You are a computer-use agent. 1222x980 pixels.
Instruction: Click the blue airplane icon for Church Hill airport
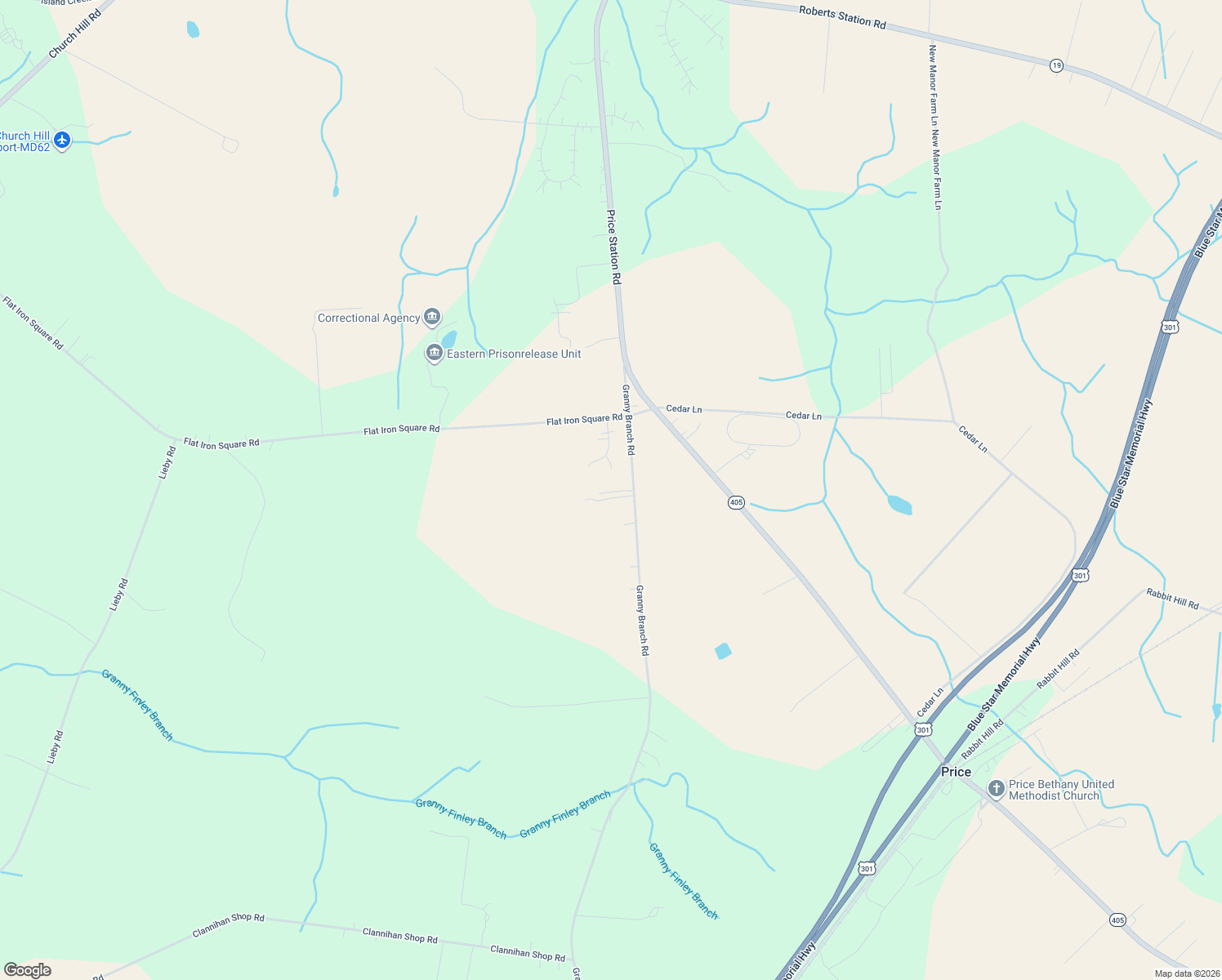(61, 140)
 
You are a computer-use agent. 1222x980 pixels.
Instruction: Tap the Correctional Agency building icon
(432, 317)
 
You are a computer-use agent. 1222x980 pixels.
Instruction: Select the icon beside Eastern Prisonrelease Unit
(435, 353)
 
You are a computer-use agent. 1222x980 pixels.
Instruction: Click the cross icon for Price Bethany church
(996, 789)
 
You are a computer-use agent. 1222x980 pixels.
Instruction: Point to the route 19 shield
(1056, 65)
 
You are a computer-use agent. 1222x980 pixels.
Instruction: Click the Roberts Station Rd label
(842, 17)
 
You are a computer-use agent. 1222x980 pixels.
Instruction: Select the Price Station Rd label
(613, 247)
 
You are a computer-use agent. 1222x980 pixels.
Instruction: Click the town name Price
(956, 772)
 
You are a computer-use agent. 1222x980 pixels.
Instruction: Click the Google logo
(27, 970)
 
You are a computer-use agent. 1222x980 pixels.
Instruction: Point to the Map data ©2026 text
(1186, 973)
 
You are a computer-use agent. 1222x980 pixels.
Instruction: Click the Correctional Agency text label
(368, 318)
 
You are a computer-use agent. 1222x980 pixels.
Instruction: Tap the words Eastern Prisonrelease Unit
(514, 354)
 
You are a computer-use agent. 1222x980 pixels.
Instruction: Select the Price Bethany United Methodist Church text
(1061, 790)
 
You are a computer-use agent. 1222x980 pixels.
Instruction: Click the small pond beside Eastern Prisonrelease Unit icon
(448, 338)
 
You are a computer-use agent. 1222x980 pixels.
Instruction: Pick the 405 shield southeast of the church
(1117, 920)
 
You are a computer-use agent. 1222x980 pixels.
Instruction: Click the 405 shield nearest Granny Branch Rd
(736, 502)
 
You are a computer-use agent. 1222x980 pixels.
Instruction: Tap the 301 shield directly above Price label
(923, 729)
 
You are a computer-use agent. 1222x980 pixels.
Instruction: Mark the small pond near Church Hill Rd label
(193, 29)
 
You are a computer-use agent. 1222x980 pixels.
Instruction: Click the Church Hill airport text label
(25, 141)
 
